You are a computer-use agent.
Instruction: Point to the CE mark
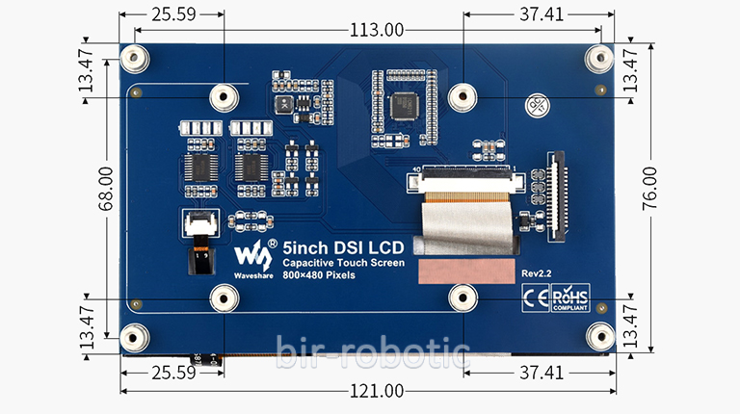click(x=534, y=297)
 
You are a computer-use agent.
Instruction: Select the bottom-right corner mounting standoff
click(x=600, y=336)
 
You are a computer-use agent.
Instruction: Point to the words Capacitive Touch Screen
click(x=343, y=262)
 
